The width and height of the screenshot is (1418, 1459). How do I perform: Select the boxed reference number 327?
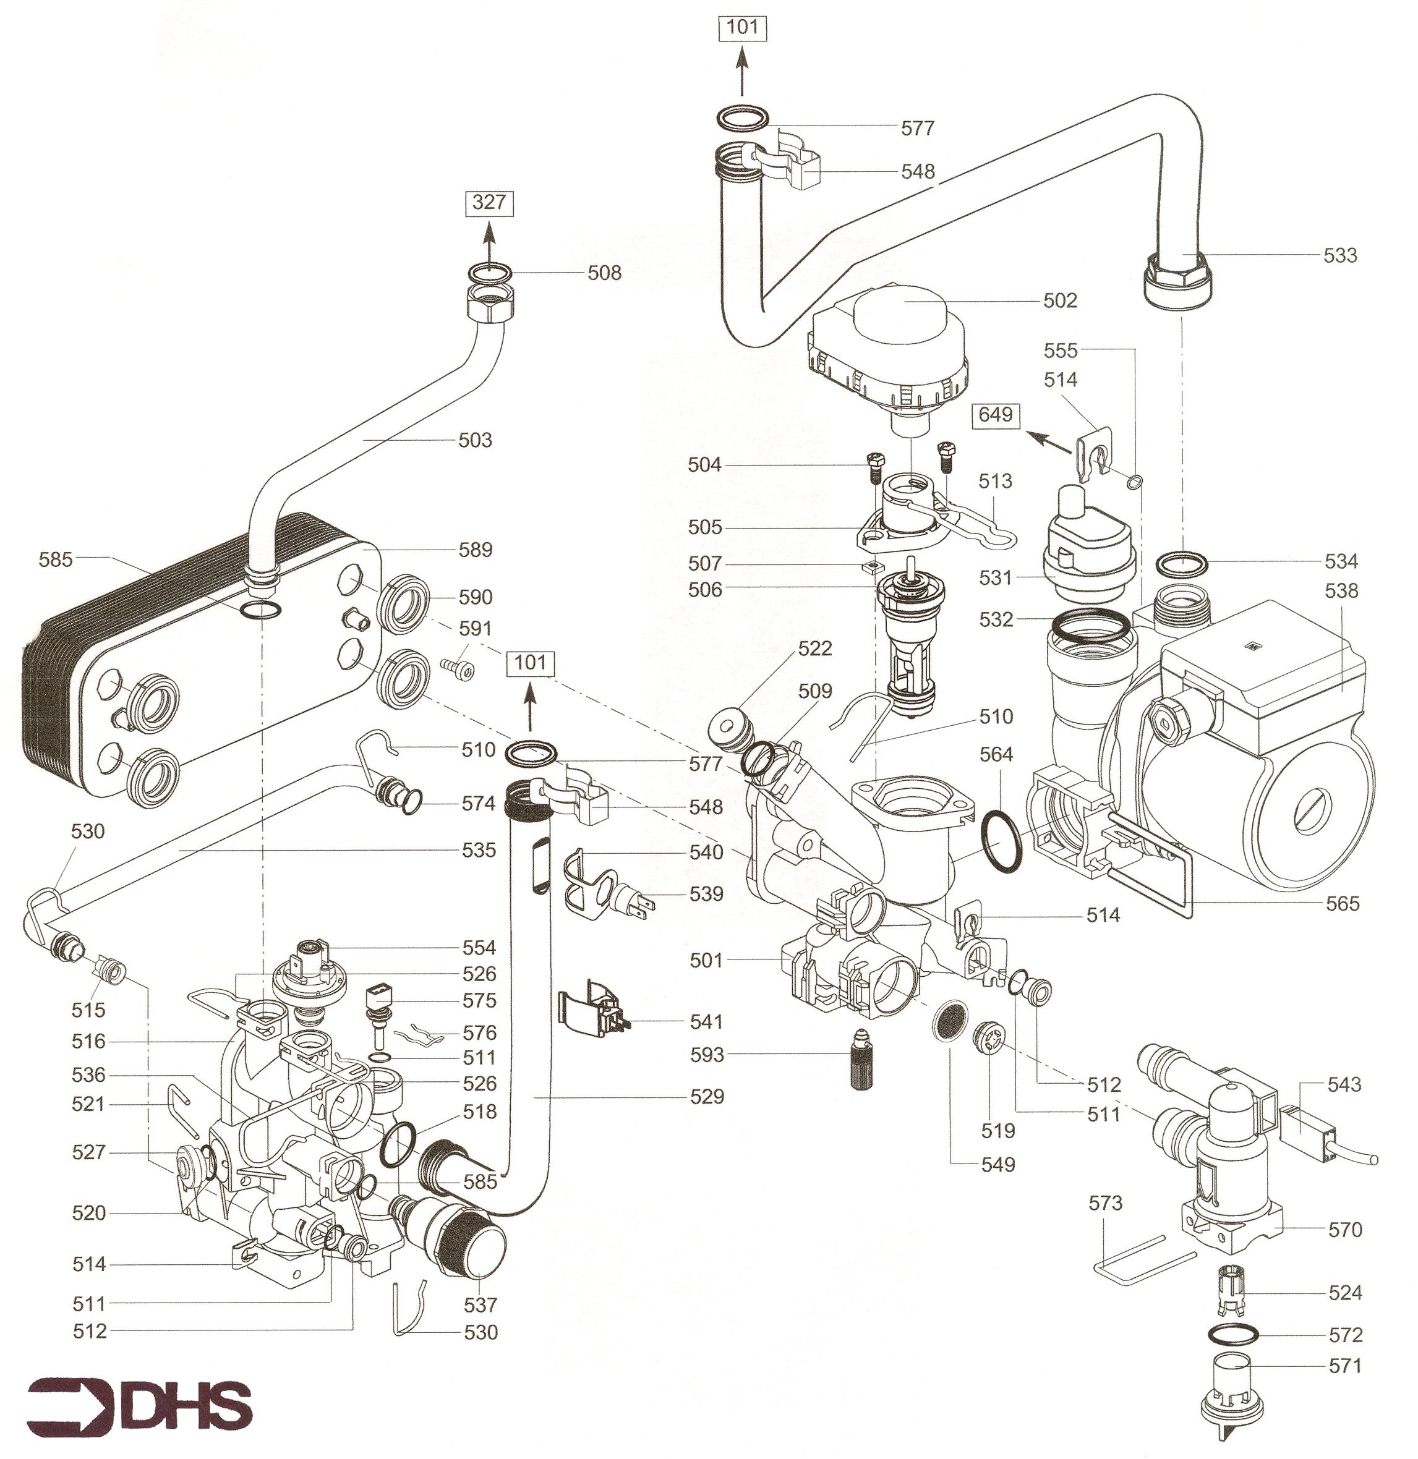(x=489, y=203)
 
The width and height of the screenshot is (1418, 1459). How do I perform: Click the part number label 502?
(x=1060, y=300)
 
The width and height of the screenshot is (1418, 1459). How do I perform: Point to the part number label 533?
(x=1340, y=255)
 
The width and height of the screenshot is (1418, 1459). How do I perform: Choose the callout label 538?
(x=1341, y=591)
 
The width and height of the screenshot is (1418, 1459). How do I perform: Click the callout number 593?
(x=706, y=1055)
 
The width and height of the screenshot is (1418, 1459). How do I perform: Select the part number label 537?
(x=480, y=1305)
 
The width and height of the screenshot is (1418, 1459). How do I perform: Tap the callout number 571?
(x=1345, y=1366)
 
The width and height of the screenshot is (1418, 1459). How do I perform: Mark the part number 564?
(x=996, y=755)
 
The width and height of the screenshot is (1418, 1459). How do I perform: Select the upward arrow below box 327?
(x=489, y=242)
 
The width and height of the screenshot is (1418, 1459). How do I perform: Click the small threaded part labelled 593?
(x=863, y=1061)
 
